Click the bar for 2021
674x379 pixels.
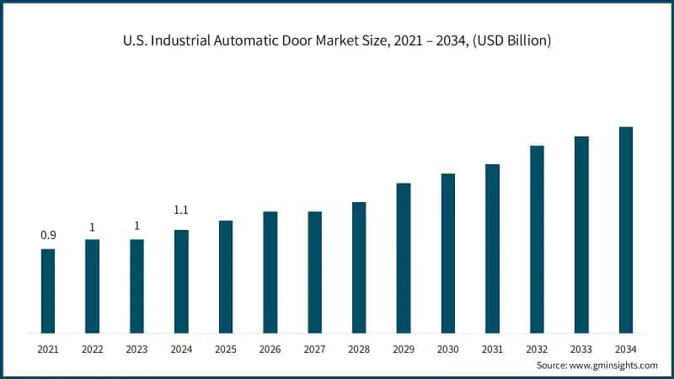point(48,291)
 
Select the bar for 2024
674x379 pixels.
point(181,281)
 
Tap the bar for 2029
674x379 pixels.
point(404,258)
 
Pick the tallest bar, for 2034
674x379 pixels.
point(626,230)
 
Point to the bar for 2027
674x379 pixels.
point(314,272)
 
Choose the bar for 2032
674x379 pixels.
point(537,239)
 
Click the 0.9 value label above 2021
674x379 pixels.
point(48,235)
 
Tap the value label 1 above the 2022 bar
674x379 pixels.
point(92,227)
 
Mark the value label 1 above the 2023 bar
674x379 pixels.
point(136,227)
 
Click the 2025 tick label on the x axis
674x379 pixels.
point(226,348)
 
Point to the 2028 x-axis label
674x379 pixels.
point(359,348)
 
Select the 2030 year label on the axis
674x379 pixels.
point(448,348)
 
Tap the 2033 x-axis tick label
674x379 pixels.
point(581,348)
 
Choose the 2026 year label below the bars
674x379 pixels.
point(270,348)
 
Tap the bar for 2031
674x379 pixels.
point(492,248)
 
